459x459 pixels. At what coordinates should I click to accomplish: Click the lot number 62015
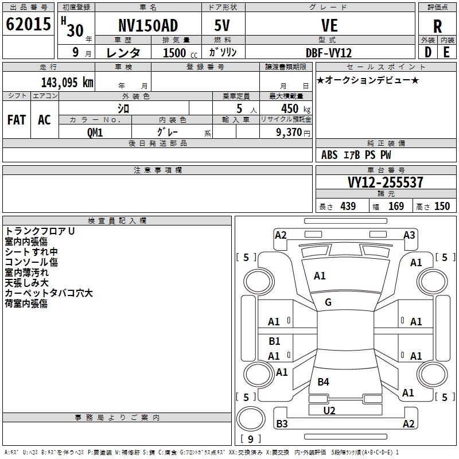28,25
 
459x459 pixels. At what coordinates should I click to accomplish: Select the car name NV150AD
148,26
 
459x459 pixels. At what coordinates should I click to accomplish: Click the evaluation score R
437,26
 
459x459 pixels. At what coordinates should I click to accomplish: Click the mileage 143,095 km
67,82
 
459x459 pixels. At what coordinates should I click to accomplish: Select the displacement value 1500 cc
176,53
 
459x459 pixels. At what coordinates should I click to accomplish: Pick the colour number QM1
95,131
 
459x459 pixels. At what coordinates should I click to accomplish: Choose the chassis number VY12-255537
386,182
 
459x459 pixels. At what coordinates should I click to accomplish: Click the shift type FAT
17,120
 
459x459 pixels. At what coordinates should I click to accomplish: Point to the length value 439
348,206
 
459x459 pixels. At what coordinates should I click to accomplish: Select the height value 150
442,206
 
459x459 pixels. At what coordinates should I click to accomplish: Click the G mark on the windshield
328,302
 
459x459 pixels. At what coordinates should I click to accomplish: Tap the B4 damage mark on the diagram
323,382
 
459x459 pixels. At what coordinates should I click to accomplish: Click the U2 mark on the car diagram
329,410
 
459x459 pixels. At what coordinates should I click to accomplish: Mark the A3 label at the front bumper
409,235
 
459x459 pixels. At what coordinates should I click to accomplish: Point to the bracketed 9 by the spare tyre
250,439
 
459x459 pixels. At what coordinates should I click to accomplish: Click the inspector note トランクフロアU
40,231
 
